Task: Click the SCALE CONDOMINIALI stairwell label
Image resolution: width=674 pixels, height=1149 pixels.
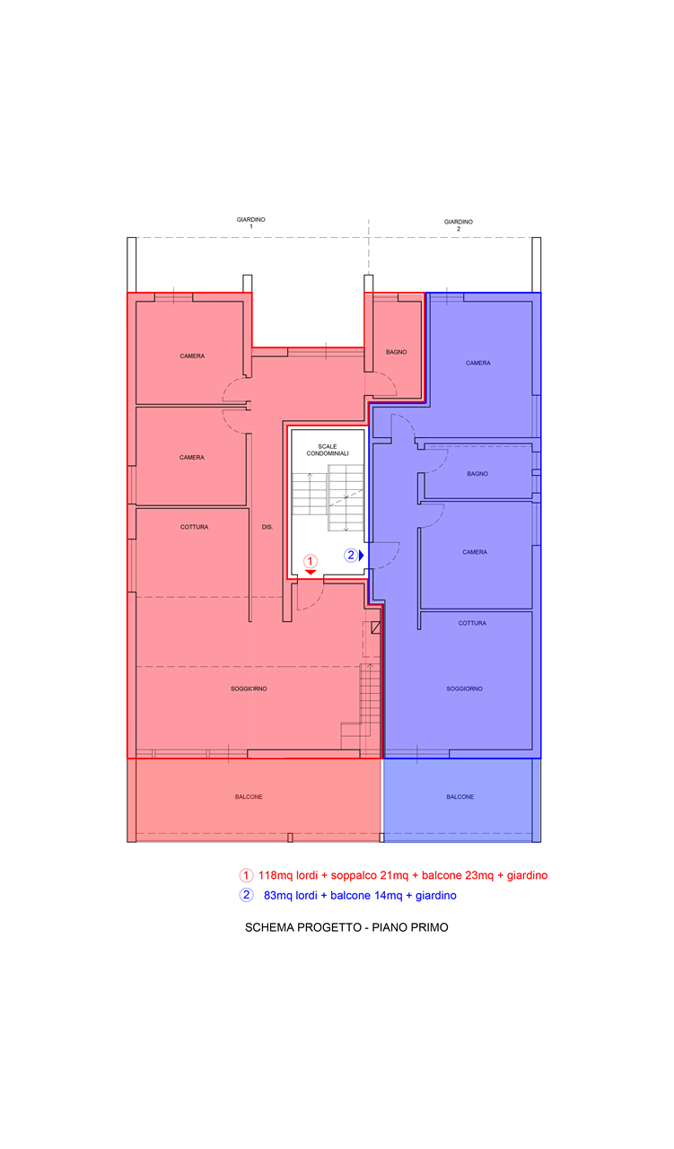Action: click(328, 450)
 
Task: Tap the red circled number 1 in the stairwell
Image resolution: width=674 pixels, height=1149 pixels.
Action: click(310, 561)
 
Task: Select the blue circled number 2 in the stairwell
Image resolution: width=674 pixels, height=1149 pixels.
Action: click(351, 555)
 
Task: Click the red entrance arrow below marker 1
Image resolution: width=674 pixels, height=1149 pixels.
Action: click(311, 572)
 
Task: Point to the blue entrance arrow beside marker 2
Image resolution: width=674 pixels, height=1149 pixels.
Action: click(361, 555)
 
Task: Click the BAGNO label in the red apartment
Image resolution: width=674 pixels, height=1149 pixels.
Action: click(396, 352)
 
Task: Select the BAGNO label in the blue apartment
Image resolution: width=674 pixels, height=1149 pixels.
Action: click(477, 473)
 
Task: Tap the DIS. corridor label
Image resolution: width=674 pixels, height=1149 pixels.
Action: click(267, 527)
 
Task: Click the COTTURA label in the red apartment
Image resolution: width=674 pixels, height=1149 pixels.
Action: click(194, 527)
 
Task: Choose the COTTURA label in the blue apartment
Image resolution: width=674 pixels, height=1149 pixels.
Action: click(472, 623)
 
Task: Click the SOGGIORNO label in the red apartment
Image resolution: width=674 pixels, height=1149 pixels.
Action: click(249, 689)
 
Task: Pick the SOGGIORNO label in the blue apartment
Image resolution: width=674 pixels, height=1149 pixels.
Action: click(464, 689)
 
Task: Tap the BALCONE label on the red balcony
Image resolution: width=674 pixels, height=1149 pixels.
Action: click(249, 796)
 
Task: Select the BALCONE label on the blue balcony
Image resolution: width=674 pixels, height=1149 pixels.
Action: click(460, 796)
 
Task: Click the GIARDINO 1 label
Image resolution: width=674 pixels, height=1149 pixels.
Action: click(250, 223)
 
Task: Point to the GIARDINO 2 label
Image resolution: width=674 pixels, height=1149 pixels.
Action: click(458, 225)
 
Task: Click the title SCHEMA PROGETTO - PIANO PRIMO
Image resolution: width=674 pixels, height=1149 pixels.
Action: click(346, 927)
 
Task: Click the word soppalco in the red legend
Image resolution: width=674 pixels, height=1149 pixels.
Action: click(354, 875)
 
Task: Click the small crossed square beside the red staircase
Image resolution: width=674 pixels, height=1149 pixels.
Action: click(375, 627)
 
